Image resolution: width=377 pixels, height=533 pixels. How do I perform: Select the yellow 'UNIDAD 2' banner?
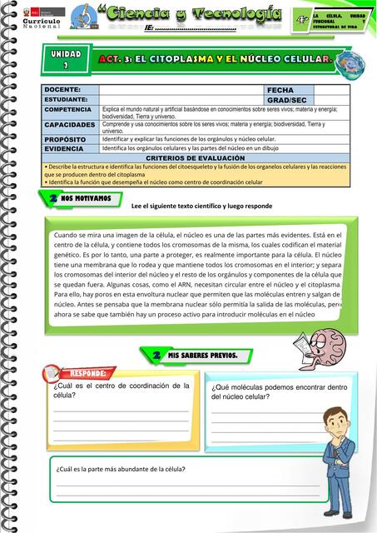(66, 59)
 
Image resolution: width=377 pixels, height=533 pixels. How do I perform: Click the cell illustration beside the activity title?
(345, 63)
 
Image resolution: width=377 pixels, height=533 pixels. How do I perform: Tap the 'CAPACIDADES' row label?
(70, 124)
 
